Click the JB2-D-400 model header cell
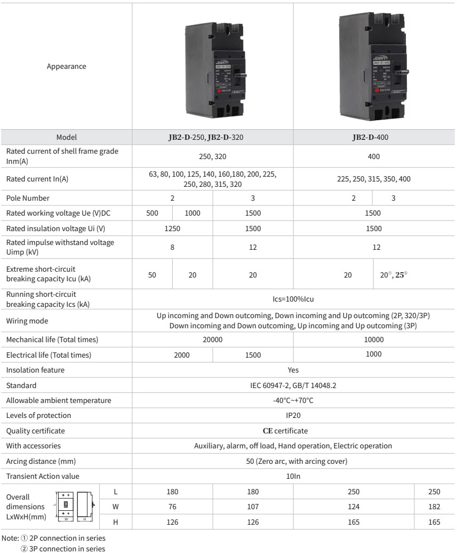click(373, 137)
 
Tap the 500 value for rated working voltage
click(152, 213)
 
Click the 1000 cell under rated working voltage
click(192, 213)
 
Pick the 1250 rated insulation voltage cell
click(172, 228)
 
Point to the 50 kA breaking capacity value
click(152, 275)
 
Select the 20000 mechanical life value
click(212, 339)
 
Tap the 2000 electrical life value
click(172, 354)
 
